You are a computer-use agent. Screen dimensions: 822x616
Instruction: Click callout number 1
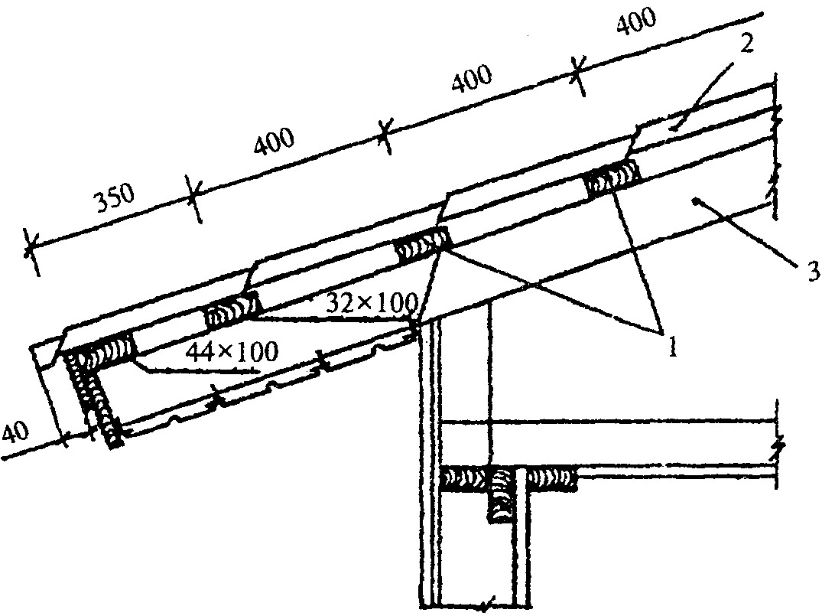point(672,346)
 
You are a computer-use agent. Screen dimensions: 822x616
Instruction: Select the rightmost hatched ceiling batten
point(550,477)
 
